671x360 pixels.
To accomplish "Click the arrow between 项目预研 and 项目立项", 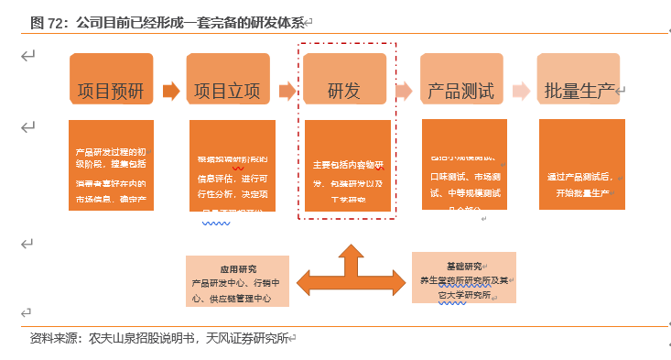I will pos(169,91).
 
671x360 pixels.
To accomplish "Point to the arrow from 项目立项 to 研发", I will pos(287,91).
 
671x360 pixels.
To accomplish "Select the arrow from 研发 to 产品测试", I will pos(404,91).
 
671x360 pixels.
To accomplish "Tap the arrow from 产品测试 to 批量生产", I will pos(521,91).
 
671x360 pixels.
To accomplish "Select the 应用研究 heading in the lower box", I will pos(237,270).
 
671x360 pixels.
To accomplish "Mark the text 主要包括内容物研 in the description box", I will pos(348,166).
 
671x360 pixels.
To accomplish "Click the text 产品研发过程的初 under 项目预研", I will pos(110,150).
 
